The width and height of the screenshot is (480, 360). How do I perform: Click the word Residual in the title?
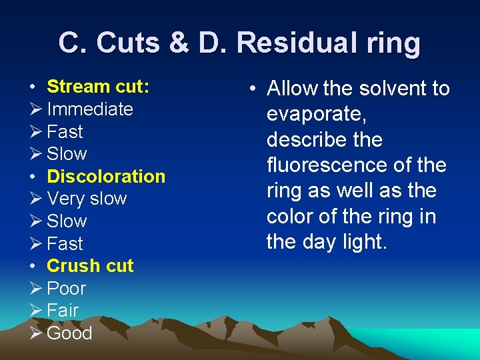point(293,43)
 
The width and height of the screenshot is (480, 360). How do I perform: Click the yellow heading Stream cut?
point(98,87)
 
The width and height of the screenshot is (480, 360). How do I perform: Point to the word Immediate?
point(90,109)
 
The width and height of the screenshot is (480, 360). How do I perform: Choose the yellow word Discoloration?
point(106,177)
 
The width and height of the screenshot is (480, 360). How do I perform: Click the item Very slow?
point(87,199)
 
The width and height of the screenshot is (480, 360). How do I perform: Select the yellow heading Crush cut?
point(90,266)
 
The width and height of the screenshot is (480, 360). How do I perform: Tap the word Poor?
point(67,289)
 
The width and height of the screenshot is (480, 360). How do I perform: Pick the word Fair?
point(63,311)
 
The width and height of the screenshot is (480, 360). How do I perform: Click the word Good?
point(69,333)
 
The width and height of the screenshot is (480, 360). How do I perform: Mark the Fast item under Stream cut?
point(65,131)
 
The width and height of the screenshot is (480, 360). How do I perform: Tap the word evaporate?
point(316,115)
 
